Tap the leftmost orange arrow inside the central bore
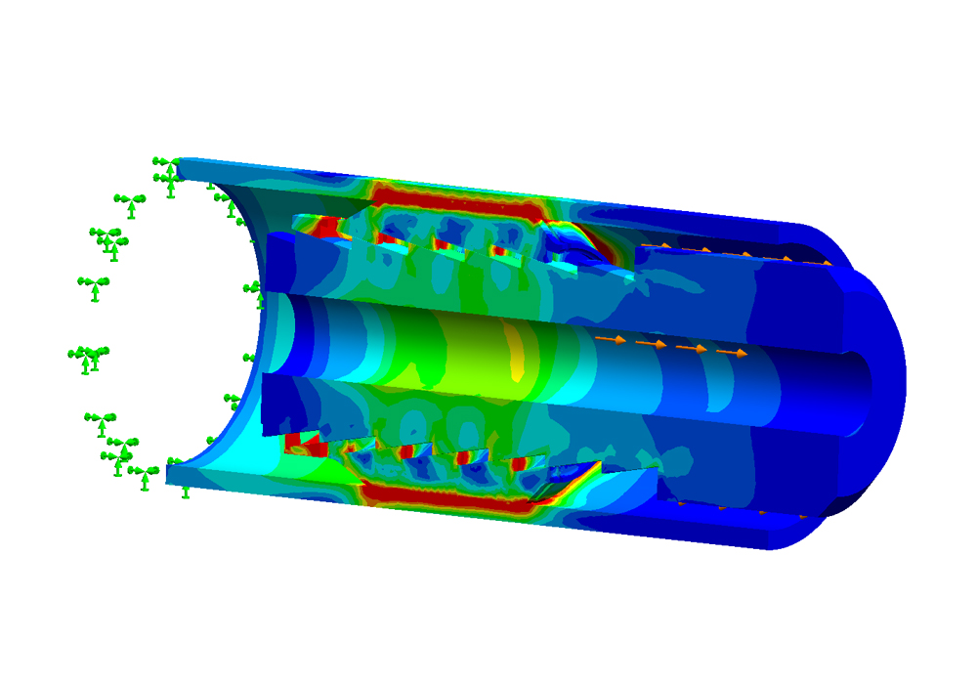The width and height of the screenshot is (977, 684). (x=612, y=339)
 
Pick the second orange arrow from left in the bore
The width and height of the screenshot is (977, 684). (x=652, y=343)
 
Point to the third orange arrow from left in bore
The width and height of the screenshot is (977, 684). (x=692, y=348)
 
